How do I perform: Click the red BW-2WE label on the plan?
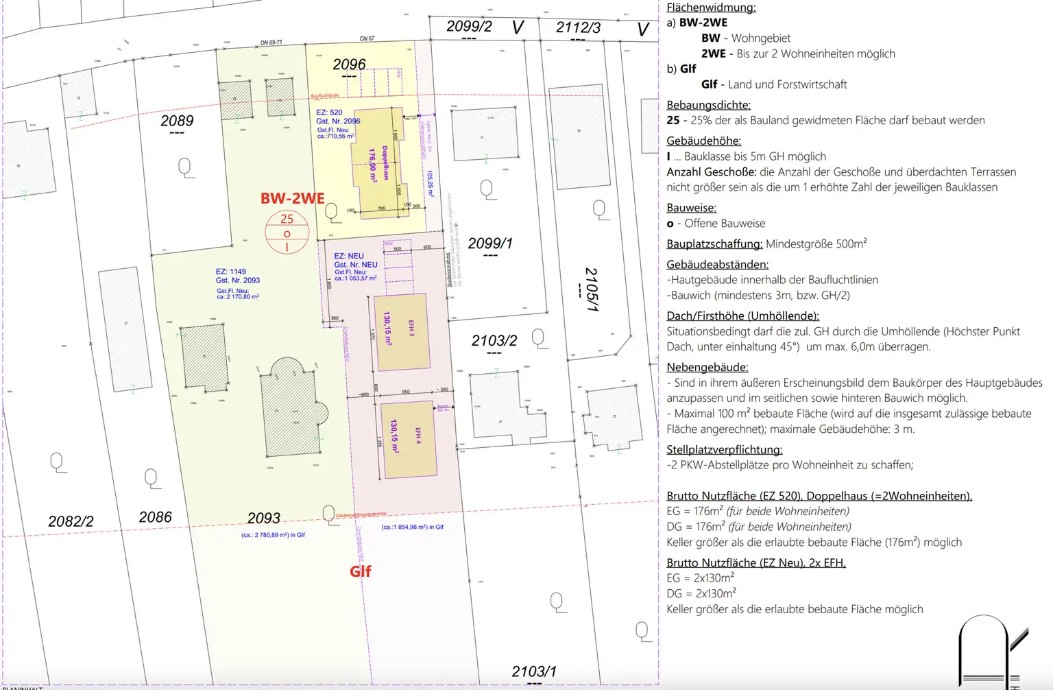click(x=292, y=198)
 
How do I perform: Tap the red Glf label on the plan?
click(x=360, y=571)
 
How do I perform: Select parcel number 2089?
click(x=177, y=121)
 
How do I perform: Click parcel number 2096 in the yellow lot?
click(x=349, y=64)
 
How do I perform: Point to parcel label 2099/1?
click(x=489, y=243)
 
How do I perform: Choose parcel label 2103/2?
click(x=494, y=341)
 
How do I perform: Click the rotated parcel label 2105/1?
click(x=591, y=289)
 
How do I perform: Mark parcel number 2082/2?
click(x=71, y=521)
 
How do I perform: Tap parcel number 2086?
click(x=155, y=517)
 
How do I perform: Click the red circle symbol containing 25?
click(x=287, y=233)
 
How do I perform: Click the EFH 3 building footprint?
click(x=401, y=332)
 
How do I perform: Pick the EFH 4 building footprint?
click(x=409, y=440)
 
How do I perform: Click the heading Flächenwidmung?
click(x=711, y=8)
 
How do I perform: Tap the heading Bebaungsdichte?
click(x=708, y=105)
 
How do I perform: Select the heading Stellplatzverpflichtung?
click(x=724, y=450)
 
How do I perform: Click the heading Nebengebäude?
click(x=707, y=368)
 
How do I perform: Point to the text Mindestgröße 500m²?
click(x=816, y=244)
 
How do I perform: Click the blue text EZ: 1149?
click(x=230, y=272)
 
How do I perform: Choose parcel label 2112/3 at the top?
click(x=578, y=27)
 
